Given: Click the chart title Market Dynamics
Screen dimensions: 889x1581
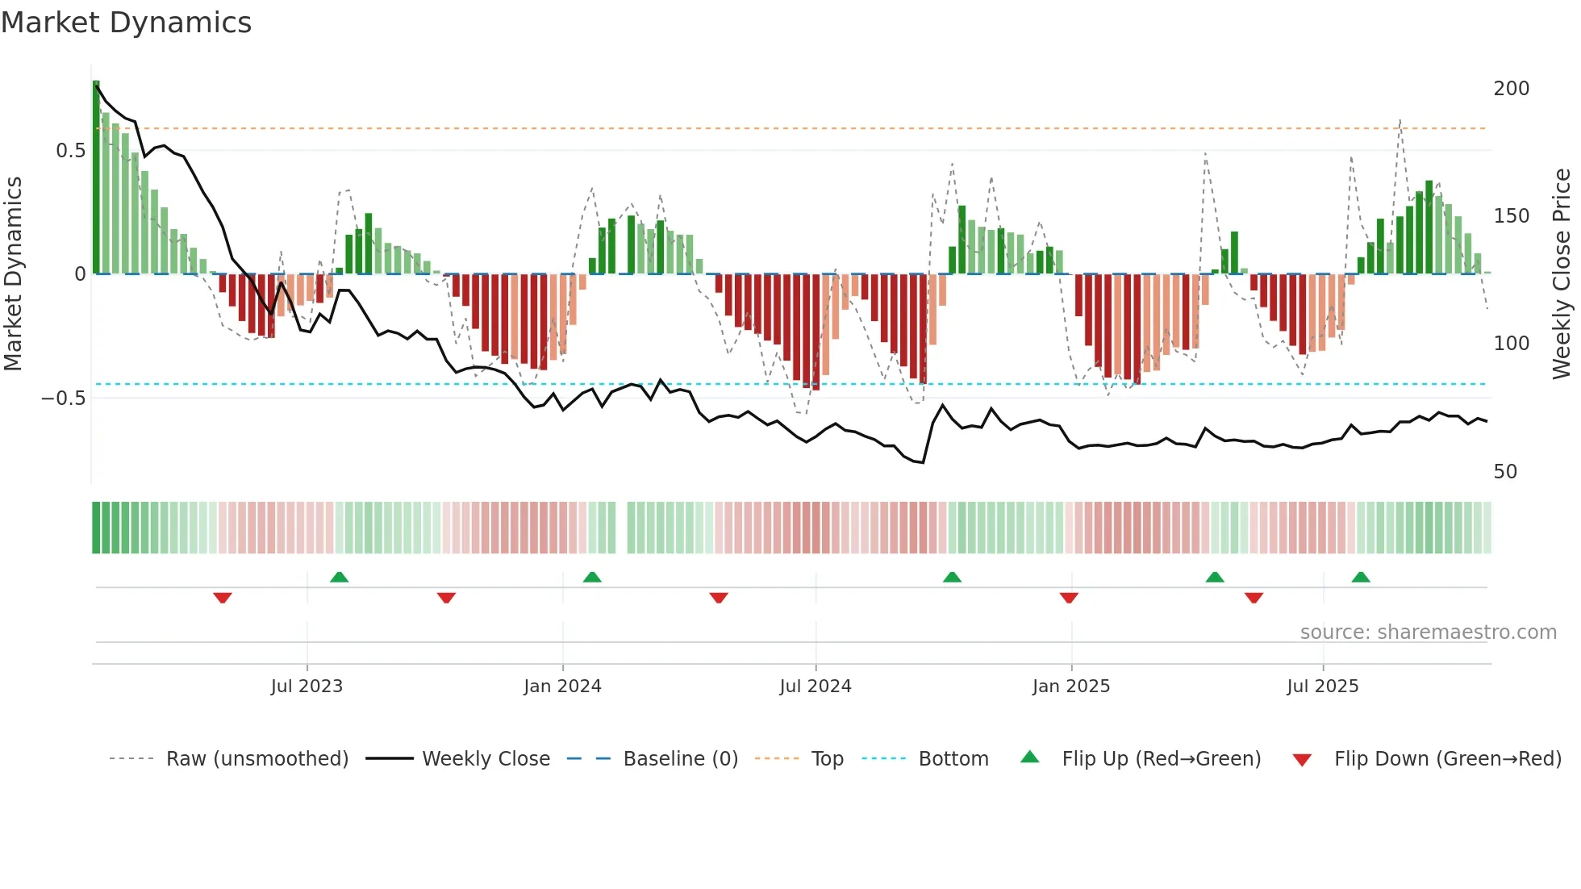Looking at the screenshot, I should [126, 23].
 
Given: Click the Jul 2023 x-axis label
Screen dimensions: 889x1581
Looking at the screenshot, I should [307, 687].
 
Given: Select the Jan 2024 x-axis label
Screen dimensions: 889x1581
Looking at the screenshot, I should [562, 687].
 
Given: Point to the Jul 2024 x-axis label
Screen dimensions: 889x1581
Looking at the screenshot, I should [815, 687].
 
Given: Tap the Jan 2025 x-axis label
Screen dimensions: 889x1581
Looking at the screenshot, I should [1070, 687].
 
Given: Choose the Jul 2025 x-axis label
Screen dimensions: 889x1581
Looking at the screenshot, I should [1322, 687].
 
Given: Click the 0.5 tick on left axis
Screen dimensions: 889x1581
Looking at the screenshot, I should [70, 151].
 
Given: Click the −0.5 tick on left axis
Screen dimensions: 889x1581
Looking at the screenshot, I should [63, 399].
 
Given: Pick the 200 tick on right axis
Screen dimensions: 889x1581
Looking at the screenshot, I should [1511, 89].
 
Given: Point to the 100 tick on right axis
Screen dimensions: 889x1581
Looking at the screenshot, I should [1511, 344].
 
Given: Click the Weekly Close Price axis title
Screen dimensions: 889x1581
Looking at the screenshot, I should [1562, 274].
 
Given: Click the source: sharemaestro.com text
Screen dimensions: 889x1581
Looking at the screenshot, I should [1428, 632].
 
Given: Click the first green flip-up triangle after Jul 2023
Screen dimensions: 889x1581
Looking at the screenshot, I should [339, 577].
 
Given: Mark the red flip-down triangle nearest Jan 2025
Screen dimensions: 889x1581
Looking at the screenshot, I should [1069, 598].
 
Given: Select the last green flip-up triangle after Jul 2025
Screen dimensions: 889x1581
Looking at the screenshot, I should [1361, 577].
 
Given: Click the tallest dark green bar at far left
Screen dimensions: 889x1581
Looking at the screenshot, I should [96, 177].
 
